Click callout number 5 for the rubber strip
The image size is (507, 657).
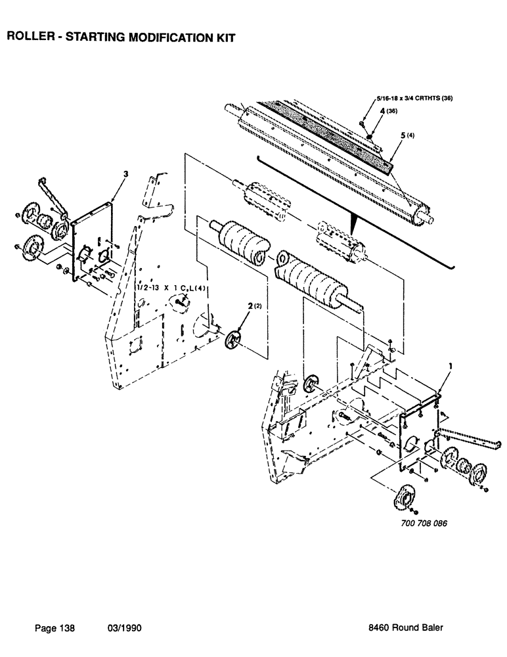click(403, 135)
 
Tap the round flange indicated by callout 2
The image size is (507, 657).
click(234, 340)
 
